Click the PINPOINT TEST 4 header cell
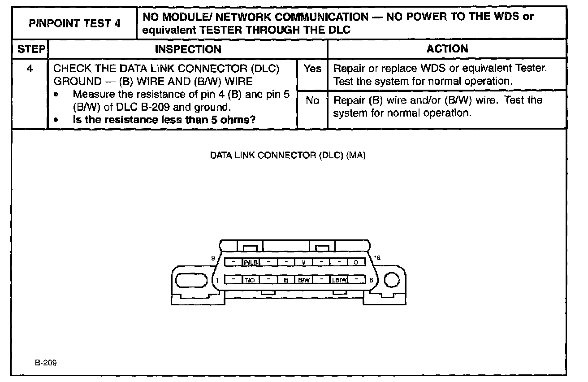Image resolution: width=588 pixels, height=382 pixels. tap(74, 23)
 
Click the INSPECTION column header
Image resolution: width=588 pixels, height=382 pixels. tap(188, 49)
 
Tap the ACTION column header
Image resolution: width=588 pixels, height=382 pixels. tap(447, 49)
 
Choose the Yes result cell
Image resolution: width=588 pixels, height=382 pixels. tap(312, 69)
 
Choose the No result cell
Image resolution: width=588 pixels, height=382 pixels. tap(312, 100)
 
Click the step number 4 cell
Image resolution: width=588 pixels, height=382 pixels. tap(30, 69)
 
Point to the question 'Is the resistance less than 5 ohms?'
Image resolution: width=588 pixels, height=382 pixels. tap(167, 120)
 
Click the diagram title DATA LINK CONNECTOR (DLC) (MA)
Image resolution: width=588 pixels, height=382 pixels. tap(288, 156)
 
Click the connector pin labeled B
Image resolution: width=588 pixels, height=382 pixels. tap(285, 280)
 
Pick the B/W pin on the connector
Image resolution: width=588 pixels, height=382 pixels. tap(303, 280)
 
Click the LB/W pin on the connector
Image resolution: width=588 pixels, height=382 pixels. tap(339, 280)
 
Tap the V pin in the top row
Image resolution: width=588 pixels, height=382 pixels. tap(303, 262)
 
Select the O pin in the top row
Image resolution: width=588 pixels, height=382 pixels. tap(356, 262)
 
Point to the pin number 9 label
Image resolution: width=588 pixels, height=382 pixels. tap(213, 258)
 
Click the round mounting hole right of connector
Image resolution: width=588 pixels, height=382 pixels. tap(392, 280)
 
